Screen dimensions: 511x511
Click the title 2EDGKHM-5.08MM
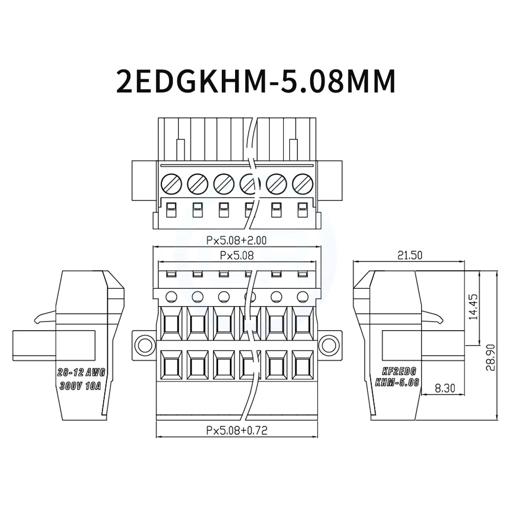[x=256, y=80]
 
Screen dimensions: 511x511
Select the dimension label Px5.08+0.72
[x=237, y=430]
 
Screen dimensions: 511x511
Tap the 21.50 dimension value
[x=409, y=256]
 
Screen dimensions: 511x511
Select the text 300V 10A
[x=81, y=386]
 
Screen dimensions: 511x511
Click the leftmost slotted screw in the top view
[x=171, y=183]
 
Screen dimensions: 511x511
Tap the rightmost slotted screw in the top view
[x=303, y=183]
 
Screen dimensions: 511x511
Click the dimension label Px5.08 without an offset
[x=236, y=254]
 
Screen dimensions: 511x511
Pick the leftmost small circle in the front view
[x=171, y=296]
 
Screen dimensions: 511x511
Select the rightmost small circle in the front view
[x=303, y=296]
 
